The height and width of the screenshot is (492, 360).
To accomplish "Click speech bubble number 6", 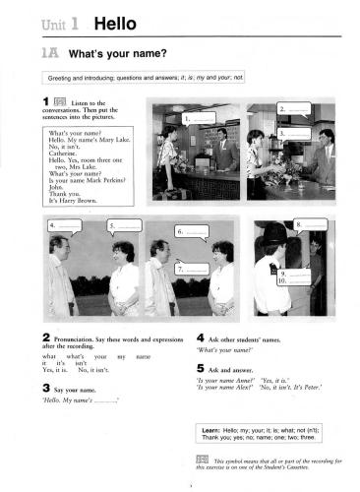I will [x=192, y=232].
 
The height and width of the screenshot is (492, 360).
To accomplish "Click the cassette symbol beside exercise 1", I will [x=61, y=101].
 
